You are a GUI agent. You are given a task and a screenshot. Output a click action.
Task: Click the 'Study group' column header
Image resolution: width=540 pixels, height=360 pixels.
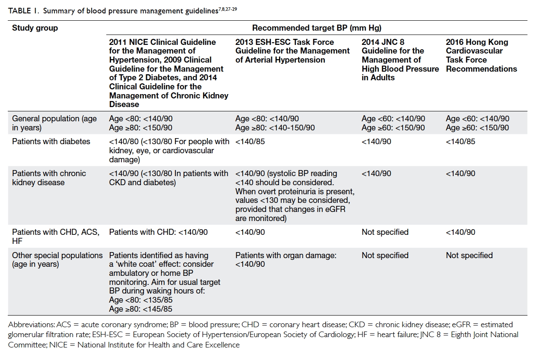pyautogui.click(x=35, y=28)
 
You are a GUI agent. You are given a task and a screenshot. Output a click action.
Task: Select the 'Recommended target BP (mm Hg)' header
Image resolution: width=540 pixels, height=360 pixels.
pyautogui.click(x=317, y=28)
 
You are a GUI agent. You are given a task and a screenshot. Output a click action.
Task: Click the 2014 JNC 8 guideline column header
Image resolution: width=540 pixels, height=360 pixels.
pyautogui.click(x=400, y=60)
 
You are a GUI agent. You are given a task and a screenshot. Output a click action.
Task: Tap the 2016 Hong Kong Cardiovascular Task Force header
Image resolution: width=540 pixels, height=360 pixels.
pyautogui.click(x=481, y=55)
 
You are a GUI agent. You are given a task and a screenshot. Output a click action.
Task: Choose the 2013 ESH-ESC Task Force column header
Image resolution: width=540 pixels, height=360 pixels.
pyautogui.click(x=292, y=51)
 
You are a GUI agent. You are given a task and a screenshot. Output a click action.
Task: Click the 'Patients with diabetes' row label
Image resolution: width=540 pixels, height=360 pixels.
pyautogui.click(x=51, y=141)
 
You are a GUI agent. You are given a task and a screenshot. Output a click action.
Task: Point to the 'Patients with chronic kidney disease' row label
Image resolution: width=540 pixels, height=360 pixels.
pyautogui.click(x=49, y=178)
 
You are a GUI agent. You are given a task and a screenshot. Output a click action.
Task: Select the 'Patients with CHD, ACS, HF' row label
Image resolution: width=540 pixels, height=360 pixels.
pyautogui.click(x=56, y=236)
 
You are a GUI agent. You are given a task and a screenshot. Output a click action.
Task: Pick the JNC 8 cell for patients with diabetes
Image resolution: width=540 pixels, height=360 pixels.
pyautogui.click(x=376, y=141)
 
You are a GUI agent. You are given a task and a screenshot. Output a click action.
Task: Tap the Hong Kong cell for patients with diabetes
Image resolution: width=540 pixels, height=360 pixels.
pyautogui.click(x=461, y=141)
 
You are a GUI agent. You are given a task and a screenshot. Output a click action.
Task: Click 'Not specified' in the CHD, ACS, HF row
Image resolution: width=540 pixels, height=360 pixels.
pyautogui.click(x=385, y=232)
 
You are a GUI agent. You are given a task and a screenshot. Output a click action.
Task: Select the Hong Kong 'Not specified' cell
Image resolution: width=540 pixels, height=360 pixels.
pyautogui.click(x=469, y=255)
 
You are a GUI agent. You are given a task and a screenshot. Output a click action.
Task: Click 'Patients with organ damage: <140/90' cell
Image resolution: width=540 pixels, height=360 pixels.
pyautogui.click(x=286, y=259)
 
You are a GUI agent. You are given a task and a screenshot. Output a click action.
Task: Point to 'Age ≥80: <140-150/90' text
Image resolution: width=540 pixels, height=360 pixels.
pyautogui.click(x=275, y=128)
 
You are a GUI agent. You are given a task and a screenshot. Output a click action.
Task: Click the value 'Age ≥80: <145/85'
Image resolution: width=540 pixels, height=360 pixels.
pyautogui.click(x=140, y=309)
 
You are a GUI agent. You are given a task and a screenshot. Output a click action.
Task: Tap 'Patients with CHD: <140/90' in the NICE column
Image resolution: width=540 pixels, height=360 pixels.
pyautogui.click(x=158, y=232)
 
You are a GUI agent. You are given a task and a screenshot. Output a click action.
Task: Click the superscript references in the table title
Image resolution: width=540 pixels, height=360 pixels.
pyautogui.click(x=228, y=9)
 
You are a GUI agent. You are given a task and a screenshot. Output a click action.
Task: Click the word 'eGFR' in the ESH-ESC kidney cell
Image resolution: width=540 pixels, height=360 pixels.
pyautogui.click(x=335, y=209)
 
